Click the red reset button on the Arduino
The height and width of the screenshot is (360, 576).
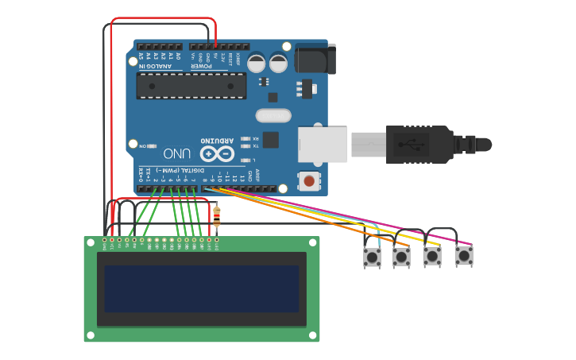(x=308, y=181)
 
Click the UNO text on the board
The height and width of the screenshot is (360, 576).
(x=176, y=153)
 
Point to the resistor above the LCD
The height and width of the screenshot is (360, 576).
(x=218, y=214)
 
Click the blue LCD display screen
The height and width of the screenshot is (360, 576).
(x=201, y=289)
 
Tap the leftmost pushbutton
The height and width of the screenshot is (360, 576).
(x=371, y=257)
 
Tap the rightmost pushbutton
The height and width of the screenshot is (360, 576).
(x=463, y=256)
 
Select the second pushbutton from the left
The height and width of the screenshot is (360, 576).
(x=401, y=257)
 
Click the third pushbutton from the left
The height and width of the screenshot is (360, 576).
(x=431, y=256)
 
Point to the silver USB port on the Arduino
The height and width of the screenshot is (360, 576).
(x=323, y=145)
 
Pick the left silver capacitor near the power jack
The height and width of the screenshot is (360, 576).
(x=257, y=63)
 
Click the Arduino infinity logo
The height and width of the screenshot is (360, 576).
(x=217, y=154)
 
